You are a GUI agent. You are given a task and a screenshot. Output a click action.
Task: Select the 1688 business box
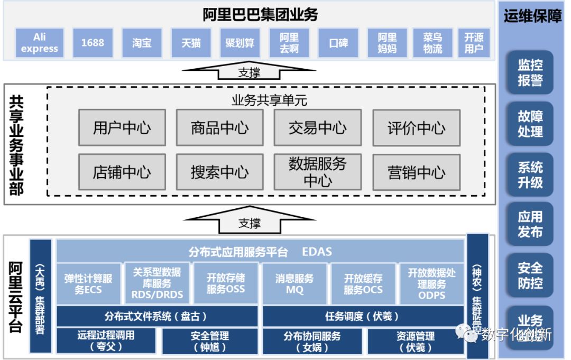pos(93,43)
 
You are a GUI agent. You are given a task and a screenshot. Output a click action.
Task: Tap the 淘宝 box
pos(142,43)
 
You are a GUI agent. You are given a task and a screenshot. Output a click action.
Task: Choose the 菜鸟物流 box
pos(432,43)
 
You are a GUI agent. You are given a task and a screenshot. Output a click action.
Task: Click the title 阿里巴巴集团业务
pos(260,15)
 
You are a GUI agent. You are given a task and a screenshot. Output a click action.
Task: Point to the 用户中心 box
pos(122,128)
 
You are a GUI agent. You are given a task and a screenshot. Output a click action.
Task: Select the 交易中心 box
pos(317,128)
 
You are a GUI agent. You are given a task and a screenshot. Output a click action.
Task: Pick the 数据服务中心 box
pos(317,172)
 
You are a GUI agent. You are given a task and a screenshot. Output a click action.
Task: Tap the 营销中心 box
pos(416,172)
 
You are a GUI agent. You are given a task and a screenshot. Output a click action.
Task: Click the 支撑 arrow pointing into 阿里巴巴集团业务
pos(249,71)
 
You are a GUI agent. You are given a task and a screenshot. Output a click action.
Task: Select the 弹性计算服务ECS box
pos(88,284)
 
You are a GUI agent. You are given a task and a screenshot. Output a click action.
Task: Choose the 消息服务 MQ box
pos(294,284)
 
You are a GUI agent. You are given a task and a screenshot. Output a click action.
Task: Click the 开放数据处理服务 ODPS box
pos(431,284)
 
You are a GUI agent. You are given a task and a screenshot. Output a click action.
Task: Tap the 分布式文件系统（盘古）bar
pos(157,316)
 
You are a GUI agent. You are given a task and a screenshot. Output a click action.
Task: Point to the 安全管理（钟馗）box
pos(209,341)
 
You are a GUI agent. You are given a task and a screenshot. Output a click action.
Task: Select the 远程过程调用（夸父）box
pos(106,341)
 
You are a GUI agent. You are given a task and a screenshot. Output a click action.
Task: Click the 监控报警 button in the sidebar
pos(530,73)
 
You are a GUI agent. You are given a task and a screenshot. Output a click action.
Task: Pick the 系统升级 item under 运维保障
pos(530,175)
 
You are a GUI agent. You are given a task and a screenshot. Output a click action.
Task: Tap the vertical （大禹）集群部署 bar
pos(41,296)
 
